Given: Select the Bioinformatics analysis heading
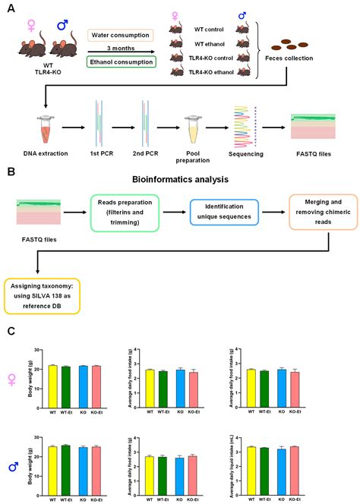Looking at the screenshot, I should point(179,181).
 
